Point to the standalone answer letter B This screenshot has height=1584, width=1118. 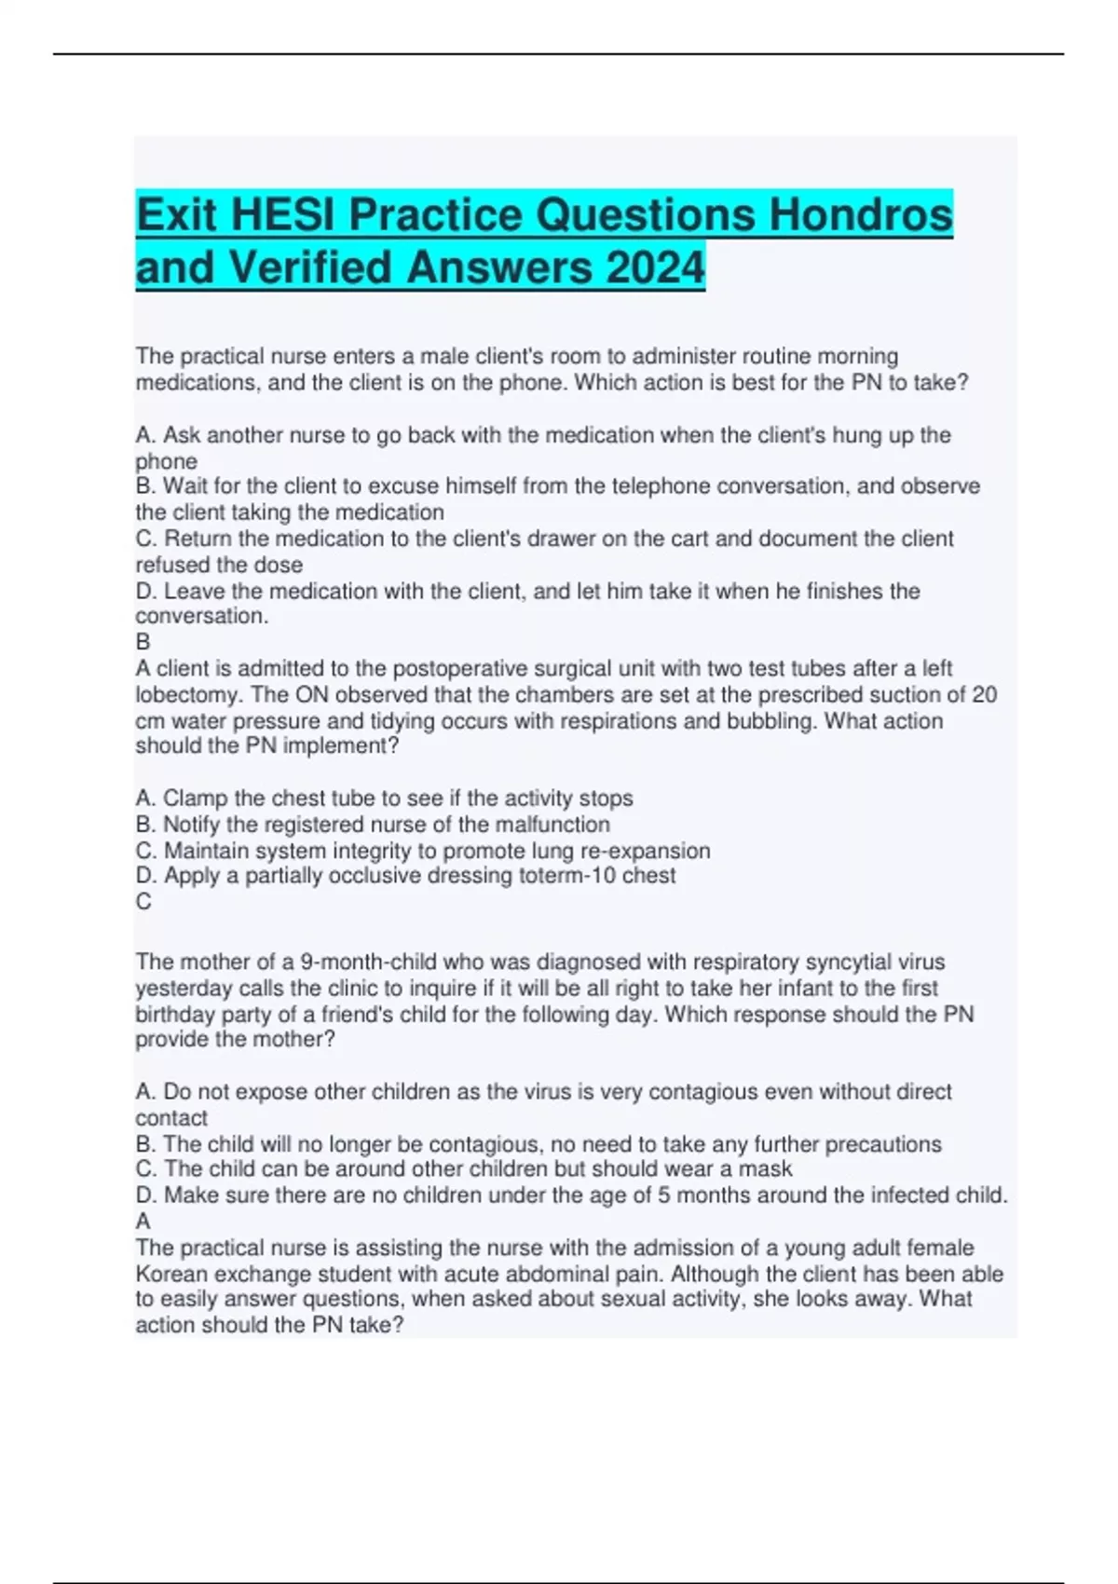143,642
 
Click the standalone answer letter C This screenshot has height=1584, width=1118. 143,901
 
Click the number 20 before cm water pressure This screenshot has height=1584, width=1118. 984,695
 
